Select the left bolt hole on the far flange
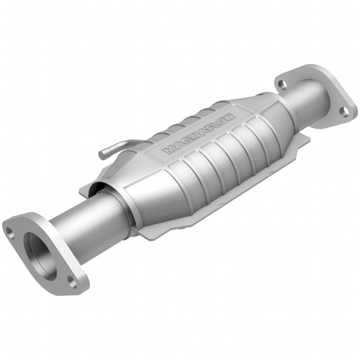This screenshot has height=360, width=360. pyautogui.click(x=281, y=84)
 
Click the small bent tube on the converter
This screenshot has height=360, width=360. pyautogui.click(x=116, y=146)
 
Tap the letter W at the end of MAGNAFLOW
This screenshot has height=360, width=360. pyautogui.click(x=229, y=117)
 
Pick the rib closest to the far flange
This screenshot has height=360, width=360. pyautogui.click(x=260, y=137)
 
